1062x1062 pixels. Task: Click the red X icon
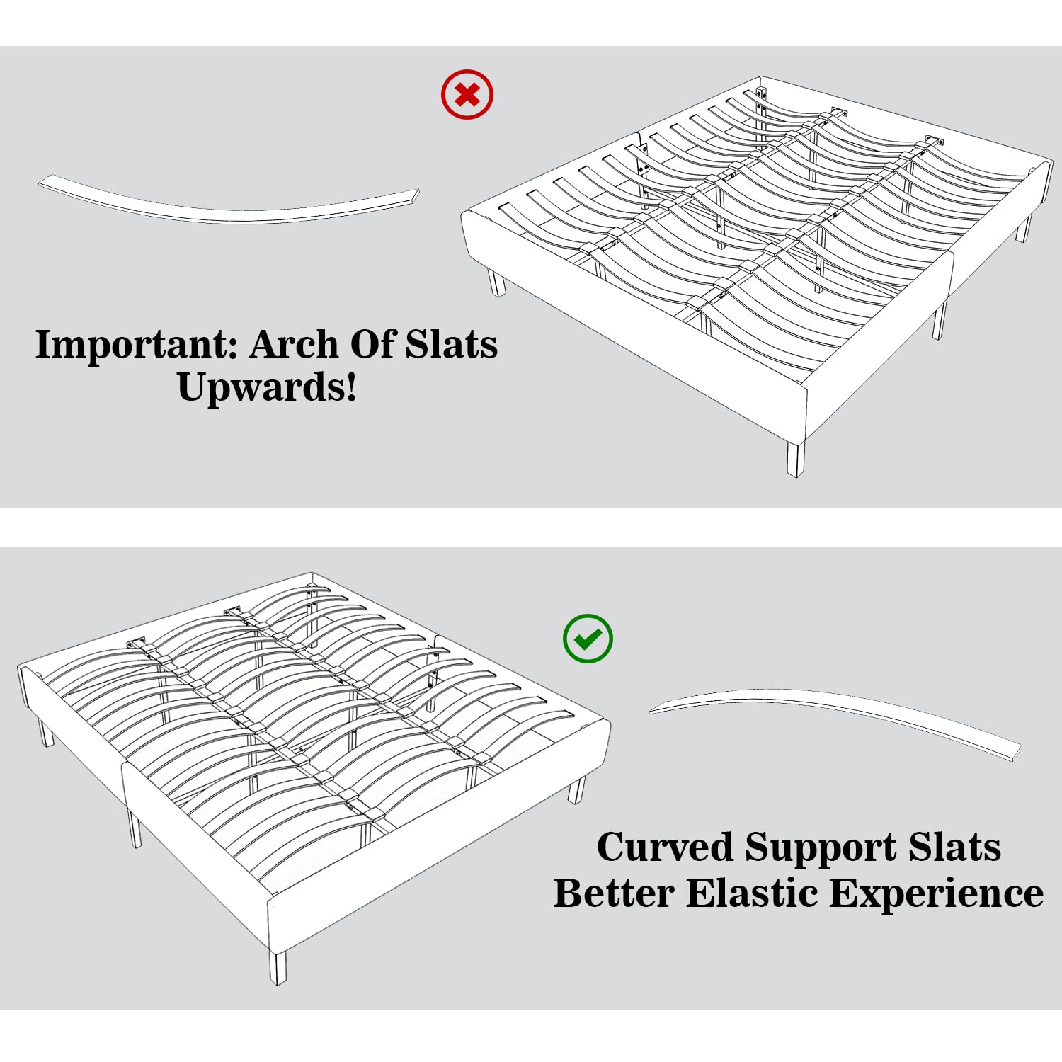pyautogui.click(x=467, y=94)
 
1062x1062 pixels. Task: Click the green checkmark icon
pyautogui.click(x=588, y=639)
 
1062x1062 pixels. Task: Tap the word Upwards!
pyautogui.click(x=268, y=387)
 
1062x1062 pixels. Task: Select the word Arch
pyautogui.click(x=294, y=345)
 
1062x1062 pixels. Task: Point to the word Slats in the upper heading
pyautogui.click(x=451, y=345)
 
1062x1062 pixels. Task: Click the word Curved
pyautogui.click(x=665, y=847)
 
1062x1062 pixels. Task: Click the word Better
pyautogui.click(x=614, y=893)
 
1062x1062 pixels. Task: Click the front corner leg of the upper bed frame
pyautogui.click(x=796, y=458)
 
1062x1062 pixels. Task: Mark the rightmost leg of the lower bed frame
pyautogui.click(x=578, y=789)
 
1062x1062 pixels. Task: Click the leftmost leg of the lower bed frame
pyautogui.click(x=46, y=731)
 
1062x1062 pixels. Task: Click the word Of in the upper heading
pyautogui.click(x=372, y=345)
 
